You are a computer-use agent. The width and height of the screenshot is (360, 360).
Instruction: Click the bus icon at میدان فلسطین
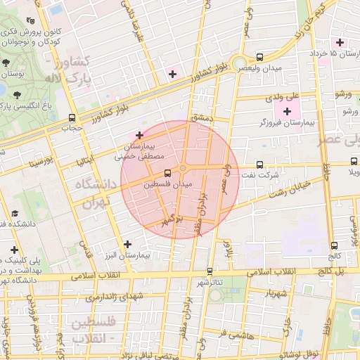tap(167, 172)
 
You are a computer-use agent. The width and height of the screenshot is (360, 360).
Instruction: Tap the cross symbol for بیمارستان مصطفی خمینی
tap(139, 134)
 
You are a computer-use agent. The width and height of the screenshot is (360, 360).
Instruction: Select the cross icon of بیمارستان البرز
tap(127, 244)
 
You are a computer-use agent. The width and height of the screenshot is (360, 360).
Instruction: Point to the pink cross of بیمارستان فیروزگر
tap(287, 111)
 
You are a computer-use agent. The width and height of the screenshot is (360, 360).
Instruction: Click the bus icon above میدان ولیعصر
tap(260, 57)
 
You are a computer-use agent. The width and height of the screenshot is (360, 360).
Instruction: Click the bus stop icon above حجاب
tap(72, 117)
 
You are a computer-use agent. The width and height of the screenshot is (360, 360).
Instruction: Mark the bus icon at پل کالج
tap(333, 246)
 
